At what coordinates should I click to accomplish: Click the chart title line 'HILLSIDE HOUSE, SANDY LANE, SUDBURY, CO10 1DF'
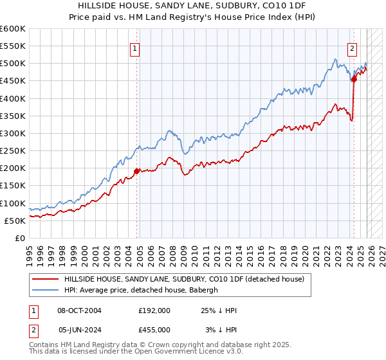pyautogui.click(x=193, y=6)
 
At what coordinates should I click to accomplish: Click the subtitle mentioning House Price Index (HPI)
pyautogui.click(x=193, y=17)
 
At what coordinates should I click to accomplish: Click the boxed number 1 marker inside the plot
pyautogui.click(x=135, y=48)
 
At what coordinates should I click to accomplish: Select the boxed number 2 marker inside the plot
pyautogui.click(x=353, y=48)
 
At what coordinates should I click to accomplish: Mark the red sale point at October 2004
pyautogui.click(x=136, y=171)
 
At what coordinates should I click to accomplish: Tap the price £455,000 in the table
pyautogui.click(x=154, y=328)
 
